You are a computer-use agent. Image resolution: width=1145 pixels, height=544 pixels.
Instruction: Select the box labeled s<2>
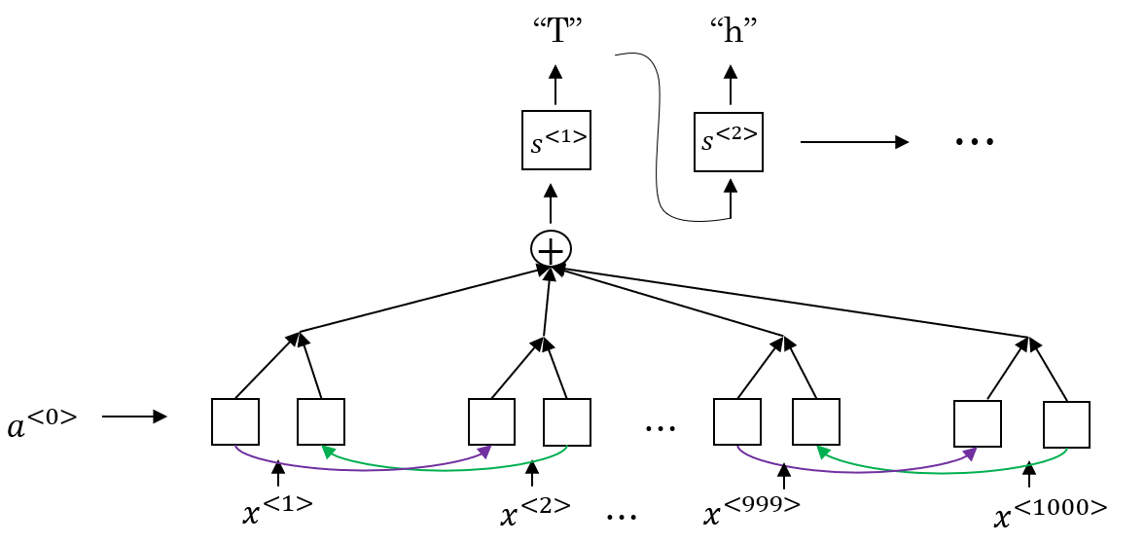pyautogui.click(x=728, y=141)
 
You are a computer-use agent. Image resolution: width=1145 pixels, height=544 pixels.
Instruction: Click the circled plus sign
pyautogui.click(x=551, y=250)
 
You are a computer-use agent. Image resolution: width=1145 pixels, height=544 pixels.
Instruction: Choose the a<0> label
pyautogui.click(x=42, y=420)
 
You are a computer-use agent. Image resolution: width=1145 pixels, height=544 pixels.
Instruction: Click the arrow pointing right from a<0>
pyautogui.click(x=134, y=417)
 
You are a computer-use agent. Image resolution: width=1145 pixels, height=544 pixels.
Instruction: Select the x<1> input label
pyautogui.click(x=277, y=508)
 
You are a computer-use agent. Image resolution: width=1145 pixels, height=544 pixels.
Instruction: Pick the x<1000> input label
pyautogui.click(x=1052, y=509)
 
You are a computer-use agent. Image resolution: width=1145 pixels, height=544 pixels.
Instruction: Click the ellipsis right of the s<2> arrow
pyautogui.click(x=974, y=142)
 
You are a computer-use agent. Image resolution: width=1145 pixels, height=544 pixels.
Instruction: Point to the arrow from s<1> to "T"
pyautogui.click(x=555, y=85)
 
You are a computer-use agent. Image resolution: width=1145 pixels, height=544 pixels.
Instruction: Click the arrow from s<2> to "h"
pyautogui.click(x=731, y=85)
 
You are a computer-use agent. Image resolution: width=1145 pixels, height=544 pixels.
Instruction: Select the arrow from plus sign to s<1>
pyautogui.click(x=551, y=203)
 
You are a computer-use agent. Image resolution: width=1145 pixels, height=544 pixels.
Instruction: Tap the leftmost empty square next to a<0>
pyautogui.click(x=235, y=421)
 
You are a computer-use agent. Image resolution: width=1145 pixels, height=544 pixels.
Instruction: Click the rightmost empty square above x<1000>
pyautogui.click(x=1066, y=424)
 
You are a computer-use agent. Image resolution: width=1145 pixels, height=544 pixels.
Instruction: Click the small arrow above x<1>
pyautogui.click(x=278, y=473)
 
